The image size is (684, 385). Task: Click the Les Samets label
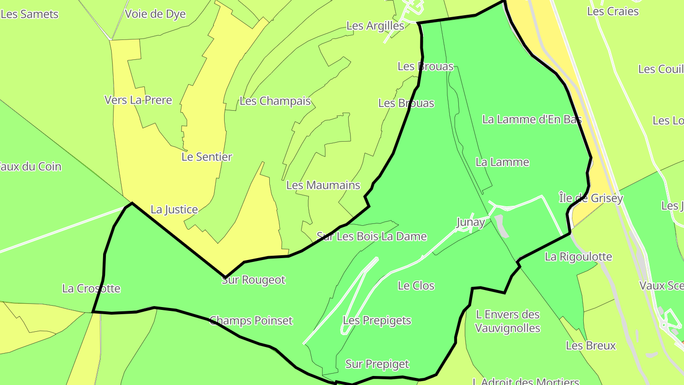pos(29,14)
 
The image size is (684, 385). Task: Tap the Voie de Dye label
pos(155,14)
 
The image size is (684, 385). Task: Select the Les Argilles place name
pos(375,26)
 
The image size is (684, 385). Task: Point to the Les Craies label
pos(613,11)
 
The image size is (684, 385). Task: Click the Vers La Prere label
pos(138,100)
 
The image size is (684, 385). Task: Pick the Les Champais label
pos(275,101)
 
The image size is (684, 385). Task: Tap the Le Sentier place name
pos(207,157)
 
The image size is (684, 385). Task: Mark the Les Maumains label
pos(323,185)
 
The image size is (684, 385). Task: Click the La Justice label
pos(174,210)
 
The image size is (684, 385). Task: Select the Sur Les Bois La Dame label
pos(371,237)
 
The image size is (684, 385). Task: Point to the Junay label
pos(470,222)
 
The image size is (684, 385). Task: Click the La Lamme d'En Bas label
pos(532,119)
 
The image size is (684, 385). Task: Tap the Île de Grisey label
pos(590,198)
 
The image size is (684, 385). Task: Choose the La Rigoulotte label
pos(578,257)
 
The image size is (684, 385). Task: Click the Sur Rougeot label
pos(253,280)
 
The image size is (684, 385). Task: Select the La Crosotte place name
pos(91,289)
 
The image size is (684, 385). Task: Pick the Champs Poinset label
pos(251,321)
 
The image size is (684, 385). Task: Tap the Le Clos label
pos(416,286)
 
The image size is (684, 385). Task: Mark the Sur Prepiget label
pos(377,364)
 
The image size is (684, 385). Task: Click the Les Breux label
pos(590,346)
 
